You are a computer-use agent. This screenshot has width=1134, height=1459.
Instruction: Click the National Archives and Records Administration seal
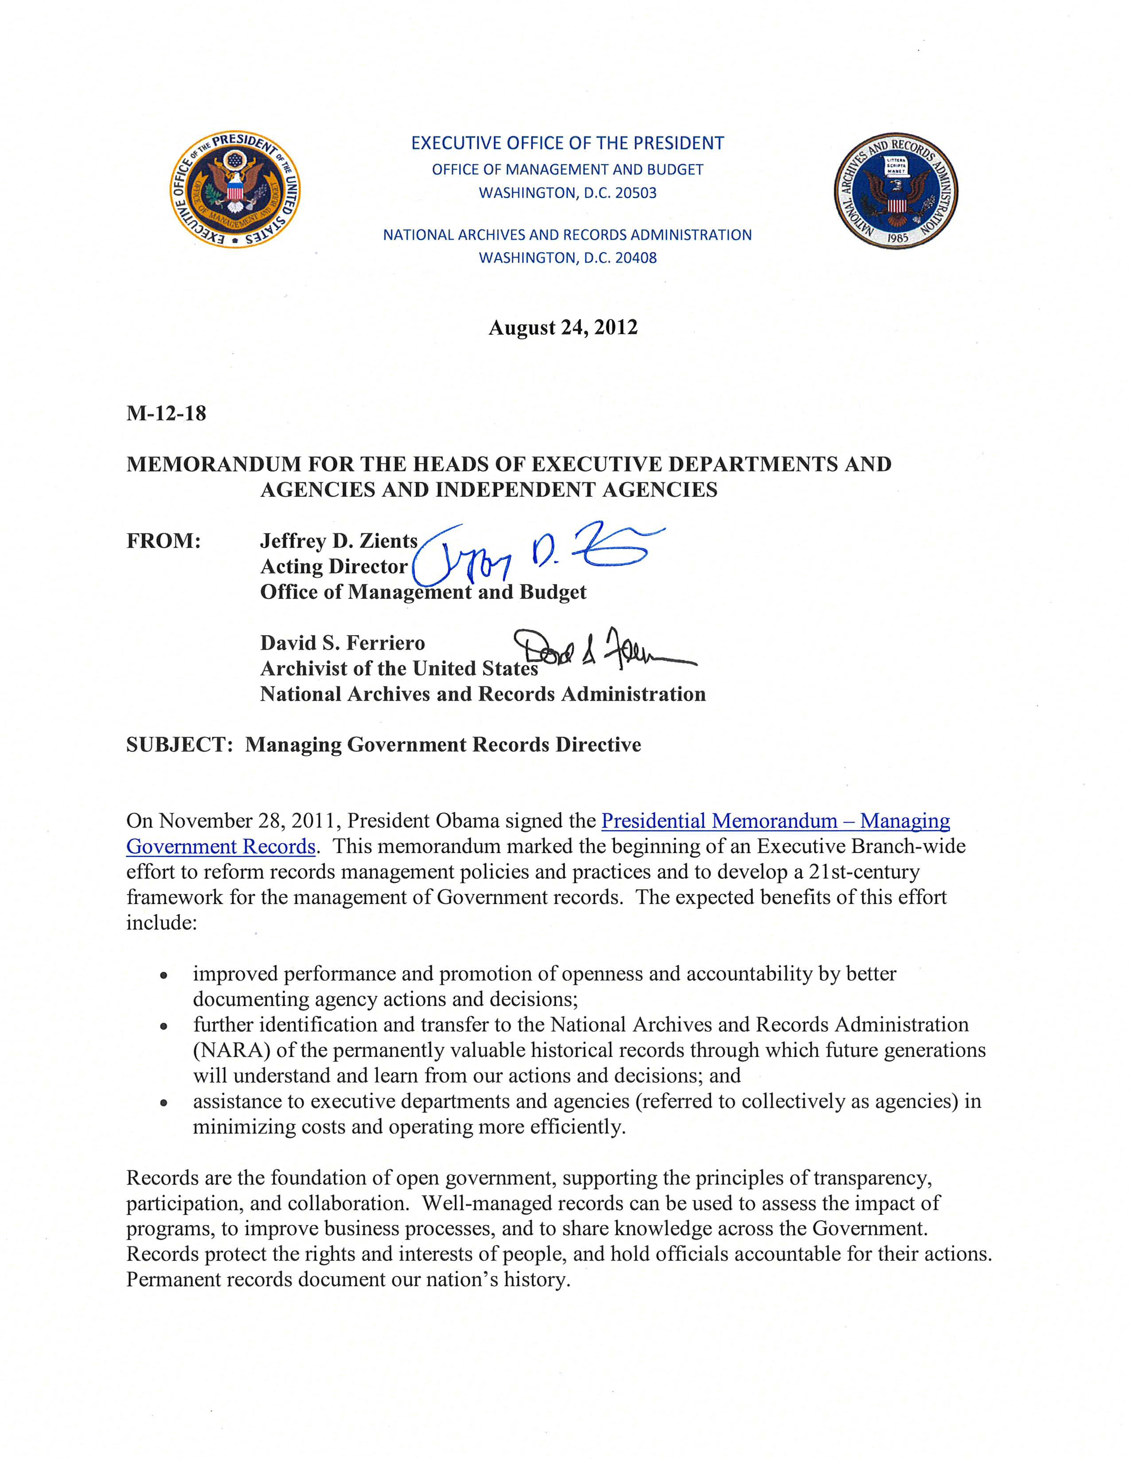point(896,191)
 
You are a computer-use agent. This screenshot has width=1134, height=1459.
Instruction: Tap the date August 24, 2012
point(563,328)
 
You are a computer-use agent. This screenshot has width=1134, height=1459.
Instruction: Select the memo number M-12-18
point(166,414)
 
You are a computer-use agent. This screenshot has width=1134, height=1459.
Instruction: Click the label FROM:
point(164,540)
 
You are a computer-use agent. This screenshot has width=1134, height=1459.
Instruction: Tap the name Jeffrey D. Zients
point(339,540)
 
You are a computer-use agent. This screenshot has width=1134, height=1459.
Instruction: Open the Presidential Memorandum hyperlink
point(775,821)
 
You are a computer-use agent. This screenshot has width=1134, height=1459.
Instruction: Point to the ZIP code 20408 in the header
point(636,258)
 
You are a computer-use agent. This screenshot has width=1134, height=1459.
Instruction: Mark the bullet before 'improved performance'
point(164,975)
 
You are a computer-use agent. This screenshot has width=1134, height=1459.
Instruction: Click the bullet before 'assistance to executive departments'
point(164,1103)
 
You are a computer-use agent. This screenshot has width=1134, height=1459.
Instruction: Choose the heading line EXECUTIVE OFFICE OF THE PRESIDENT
point(567,144)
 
